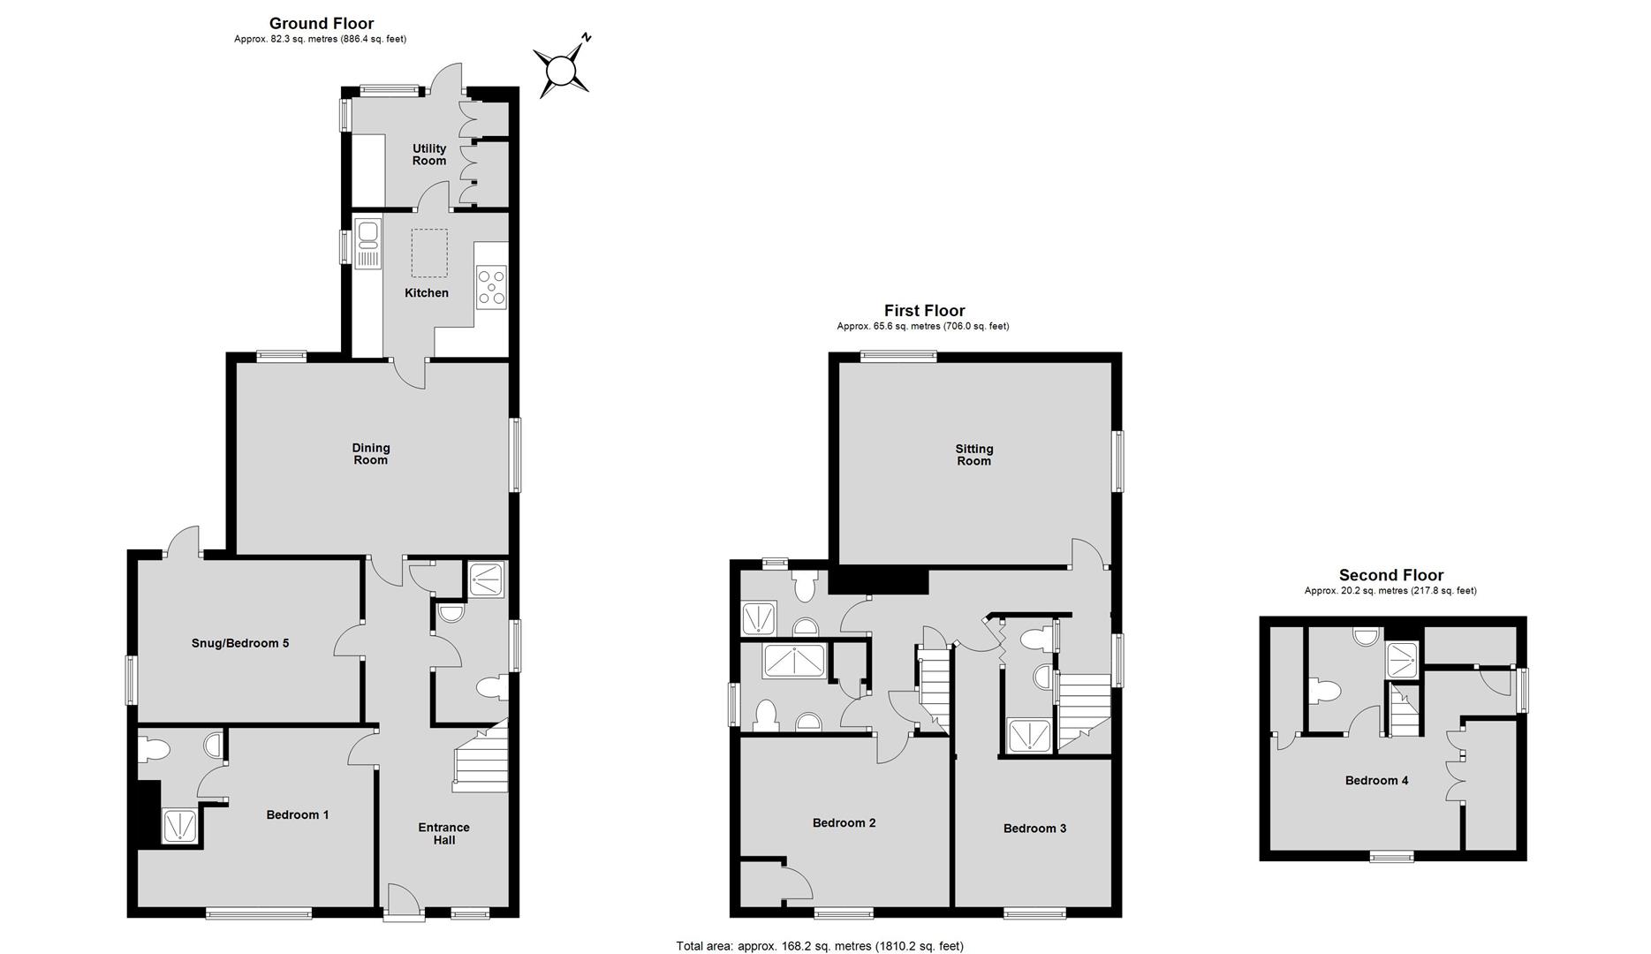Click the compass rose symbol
[x=561, y=69]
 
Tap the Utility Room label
[x=429, y=155]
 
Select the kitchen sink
[x=367, y=244]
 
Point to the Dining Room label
[x=371, y=454]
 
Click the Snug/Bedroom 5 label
[x=240, y=643]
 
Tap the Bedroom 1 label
[x=298, y=814]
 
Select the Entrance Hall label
[x=444, y=834]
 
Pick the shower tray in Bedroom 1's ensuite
[x=181, y=827]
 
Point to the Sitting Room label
[x=974, y=455]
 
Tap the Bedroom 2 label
[x=844, y=822]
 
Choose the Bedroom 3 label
[x=1035, y=829]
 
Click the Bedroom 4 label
[x=1377, y=781]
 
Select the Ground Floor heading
[x=322, y=24]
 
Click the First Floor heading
[x=925, y=310]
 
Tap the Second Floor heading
[x=1391, y=575]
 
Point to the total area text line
[x=820, y=946]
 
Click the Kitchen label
[x=427, y=293]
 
